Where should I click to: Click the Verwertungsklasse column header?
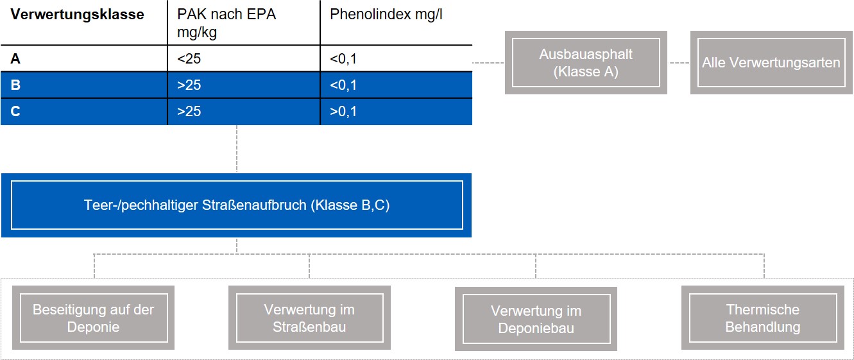pyautogui.click(x=78, y=15)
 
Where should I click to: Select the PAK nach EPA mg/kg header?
pyautogui.click(x=226, y=23)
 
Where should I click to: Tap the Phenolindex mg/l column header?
pyautogui.click(x=386, y=15)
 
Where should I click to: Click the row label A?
pyautogui.click(x=15, y=59)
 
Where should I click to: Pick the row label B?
pyautogui.click(x=15, y=85)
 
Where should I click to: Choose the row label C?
pyautogui.click(x=15, y=112)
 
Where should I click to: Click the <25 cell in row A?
pyautogui.click(x=189, y=59)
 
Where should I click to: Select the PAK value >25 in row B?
pyautogui.click(x=189, y=85)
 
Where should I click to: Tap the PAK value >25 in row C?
pyautogui.click(x=189, y=112)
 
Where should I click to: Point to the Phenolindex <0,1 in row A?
pyautogui.click(x=343, y=59)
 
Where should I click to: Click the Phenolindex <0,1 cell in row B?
pyautogui.click(x=343, y=85)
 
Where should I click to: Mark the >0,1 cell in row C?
pyautogui.click(x=343, y=112)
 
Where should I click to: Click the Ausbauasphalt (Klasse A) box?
pyautogui.click(x=586, y=62)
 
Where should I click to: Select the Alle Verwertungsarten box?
pyautogui.click(x=771, y=62)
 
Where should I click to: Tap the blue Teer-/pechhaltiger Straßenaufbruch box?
pyautogui.click(x=236, y=205)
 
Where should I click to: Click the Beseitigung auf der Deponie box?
pyautogui.click(x=94, y=318)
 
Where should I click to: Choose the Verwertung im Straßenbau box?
pyautogui.click(x=309, y=318)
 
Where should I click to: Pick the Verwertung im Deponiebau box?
pyautogui.click(x=536, y=319)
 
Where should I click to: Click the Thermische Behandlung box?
pyautogui.click(x=763, y=318)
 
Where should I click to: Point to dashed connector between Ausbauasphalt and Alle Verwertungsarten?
pyautogui.click(x=679, y=62)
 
